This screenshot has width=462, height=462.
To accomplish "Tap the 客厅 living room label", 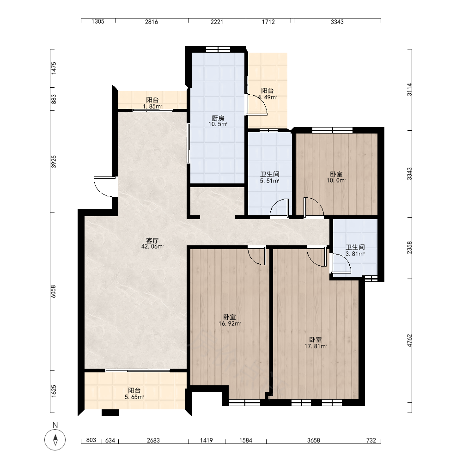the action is (x=152, y=240).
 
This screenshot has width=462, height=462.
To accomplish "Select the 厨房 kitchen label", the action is (x=218, y=118).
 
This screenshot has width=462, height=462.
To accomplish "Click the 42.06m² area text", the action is (x=152, y=247).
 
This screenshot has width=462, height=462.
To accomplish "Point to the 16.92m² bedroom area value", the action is (x=230, y=323).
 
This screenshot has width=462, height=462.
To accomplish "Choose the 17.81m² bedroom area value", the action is (x=315, y=346).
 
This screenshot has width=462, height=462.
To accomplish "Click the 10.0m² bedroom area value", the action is (x=336, y=180).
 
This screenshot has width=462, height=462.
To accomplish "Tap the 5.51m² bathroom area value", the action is (x=269, y=181).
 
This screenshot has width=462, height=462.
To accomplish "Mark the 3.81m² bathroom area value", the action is (x=355, y=254).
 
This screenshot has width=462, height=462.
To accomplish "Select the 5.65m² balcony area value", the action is (x=134, y=397).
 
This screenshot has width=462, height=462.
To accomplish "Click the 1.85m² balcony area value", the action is (x=152, y=106).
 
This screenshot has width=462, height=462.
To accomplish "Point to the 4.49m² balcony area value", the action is (x=267, y=97).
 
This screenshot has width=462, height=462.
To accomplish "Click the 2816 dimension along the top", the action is (x=152, y=22).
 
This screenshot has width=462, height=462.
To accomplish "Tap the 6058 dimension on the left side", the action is (x=53, y=291).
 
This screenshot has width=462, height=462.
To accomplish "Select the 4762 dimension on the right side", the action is (x=409, y=340).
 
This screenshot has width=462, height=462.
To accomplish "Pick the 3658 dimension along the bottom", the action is (x=314, y=440).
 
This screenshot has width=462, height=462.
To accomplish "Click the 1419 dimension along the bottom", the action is (x=206, y=440).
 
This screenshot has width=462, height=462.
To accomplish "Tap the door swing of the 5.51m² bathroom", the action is (x=279, y=208).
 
